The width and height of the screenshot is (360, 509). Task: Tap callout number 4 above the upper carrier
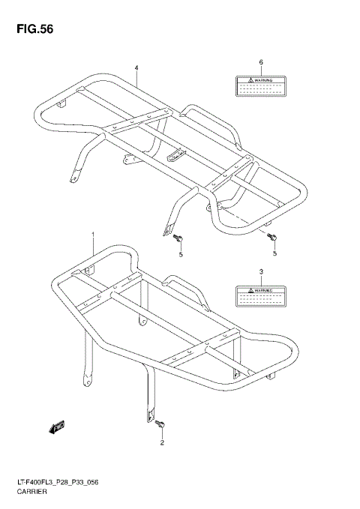coord(137,67)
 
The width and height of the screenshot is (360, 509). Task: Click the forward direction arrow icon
coord(57,427)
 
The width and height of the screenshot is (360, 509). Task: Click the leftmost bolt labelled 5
coord(179,239)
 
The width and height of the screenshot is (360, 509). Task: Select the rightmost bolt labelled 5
coord(274,238)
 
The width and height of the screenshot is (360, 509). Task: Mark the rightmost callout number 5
coord(274,254)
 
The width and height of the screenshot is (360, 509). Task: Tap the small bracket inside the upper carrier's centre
coord(176,155)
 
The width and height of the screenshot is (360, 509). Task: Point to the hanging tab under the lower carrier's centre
coord(142,321)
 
